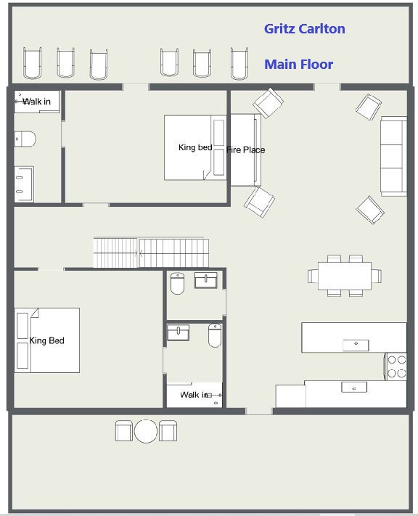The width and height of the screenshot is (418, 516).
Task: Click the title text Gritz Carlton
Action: point(305,29)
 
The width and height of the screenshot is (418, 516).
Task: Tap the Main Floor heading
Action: point(298,64)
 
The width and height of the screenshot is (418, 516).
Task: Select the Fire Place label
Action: point(245,150)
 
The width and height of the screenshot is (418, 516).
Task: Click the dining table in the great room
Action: point(345,276)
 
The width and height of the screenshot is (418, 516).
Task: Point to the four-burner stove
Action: point(396,366)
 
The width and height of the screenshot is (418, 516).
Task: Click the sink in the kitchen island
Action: point(356,345)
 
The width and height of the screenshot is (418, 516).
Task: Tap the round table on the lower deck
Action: point(146,431)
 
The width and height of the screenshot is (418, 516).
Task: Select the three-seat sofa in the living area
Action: point(393,156)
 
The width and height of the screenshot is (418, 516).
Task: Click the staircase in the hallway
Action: point(151,253)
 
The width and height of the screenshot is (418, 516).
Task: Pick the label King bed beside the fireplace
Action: point(195,147)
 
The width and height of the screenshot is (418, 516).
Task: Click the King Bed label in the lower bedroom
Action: point(46,340)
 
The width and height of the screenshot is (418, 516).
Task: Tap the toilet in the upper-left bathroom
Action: point(25,139)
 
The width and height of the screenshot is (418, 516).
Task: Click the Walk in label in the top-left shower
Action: point(36,102)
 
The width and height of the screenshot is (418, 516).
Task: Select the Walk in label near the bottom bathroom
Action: point(194,395)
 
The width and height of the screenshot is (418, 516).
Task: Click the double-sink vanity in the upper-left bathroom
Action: point(24,184)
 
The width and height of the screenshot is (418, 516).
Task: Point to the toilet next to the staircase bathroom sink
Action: point(177,283)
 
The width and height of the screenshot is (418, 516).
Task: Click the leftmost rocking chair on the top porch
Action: point(32,63)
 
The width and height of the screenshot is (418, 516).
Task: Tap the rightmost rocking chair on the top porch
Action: point(239,64)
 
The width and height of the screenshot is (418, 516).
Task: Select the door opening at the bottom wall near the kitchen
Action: point(259,411)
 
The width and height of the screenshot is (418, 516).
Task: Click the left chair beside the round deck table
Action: point(124,431)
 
